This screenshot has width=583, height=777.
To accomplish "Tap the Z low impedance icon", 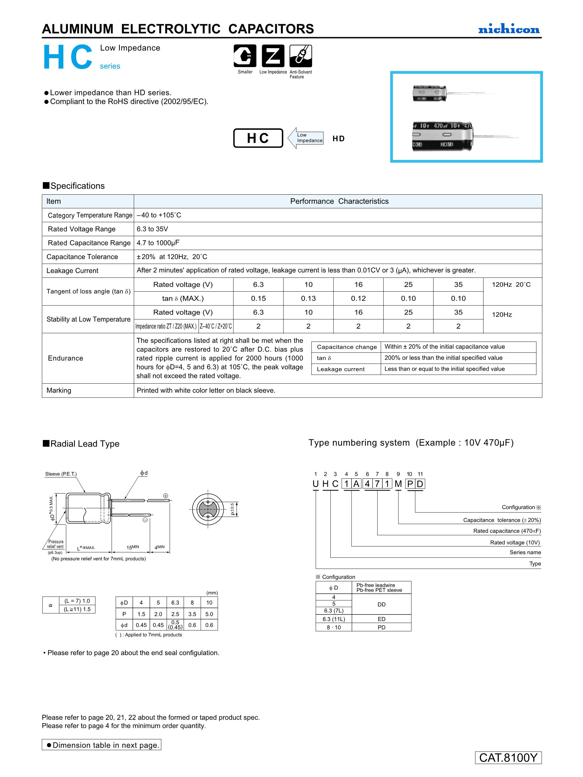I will tap(273, 56).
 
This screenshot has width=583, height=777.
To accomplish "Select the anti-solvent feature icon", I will tap(300, 56).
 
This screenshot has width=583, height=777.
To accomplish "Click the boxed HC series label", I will tap(258, 138).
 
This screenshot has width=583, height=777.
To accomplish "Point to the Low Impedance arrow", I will tap(306, 138).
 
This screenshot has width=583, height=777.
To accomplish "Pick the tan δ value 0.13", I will tap(308, 299).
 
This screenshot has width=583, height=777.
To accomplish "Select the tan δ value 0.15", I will tap(258, 299).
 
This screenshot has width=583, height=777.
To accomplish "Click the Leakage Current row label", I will tap(72, 271).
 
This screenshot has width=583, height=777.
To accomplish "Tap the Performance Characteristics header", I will tap(339, 201).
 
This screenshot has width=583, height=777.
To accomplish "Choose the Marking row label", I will tap(59, 391).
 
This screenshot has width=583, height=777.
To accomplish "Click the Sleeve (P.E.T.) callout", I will tap(61, 474).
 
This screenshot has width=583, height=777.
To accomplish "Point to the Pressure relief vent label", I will tap(55, 544).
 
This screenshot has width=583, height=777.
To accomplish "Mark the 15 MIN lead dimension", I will tap(133, 547).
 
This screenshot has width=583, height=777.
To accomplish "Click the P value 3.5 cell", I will tap(192, 614).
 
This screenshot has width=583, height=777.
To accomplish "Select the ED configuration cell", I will tap(381, 619).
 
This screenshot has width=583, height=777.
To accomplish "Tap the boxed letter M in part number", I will tap(398, 484).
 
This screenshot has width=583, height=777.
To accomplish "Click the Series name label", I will tap(525, 552).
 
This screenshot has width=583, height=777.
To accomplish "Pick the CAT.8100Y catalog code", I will tap(508, 758).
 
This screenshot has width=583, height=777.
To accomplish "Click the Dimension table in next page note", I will tap(101, 745).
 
